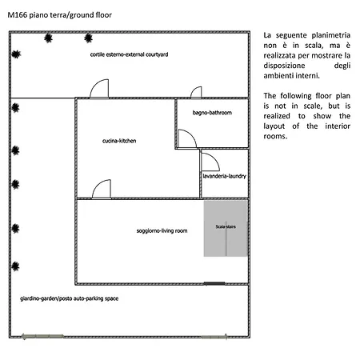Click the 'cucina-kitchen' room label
pyautogui.click(x=119, y=141)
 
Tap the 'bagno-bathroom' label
pyautogui.click(x=212, y=113)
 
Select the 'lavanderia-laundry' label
pyautogui.click(x=224, y=176)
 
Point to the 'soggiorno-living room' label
pyautogui.click(x=162, y=230)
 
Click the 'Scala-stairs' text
pyautogui.click(x=226, y=226)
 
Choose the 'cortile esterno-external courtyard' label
pyautogui.click(x=129, y=54)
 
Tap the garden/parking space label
pyautogui.click(x=69, y=298)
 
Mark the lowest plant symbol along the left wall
pyautogui.click(x=15, y=266)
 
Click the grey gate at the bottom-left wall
pyautogui.click(x=42, y=337)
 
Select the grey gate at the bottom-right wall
pyautogui.click(x=214, y=337)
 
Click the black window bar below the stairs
pyautogui.click(x=214, y=283)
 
